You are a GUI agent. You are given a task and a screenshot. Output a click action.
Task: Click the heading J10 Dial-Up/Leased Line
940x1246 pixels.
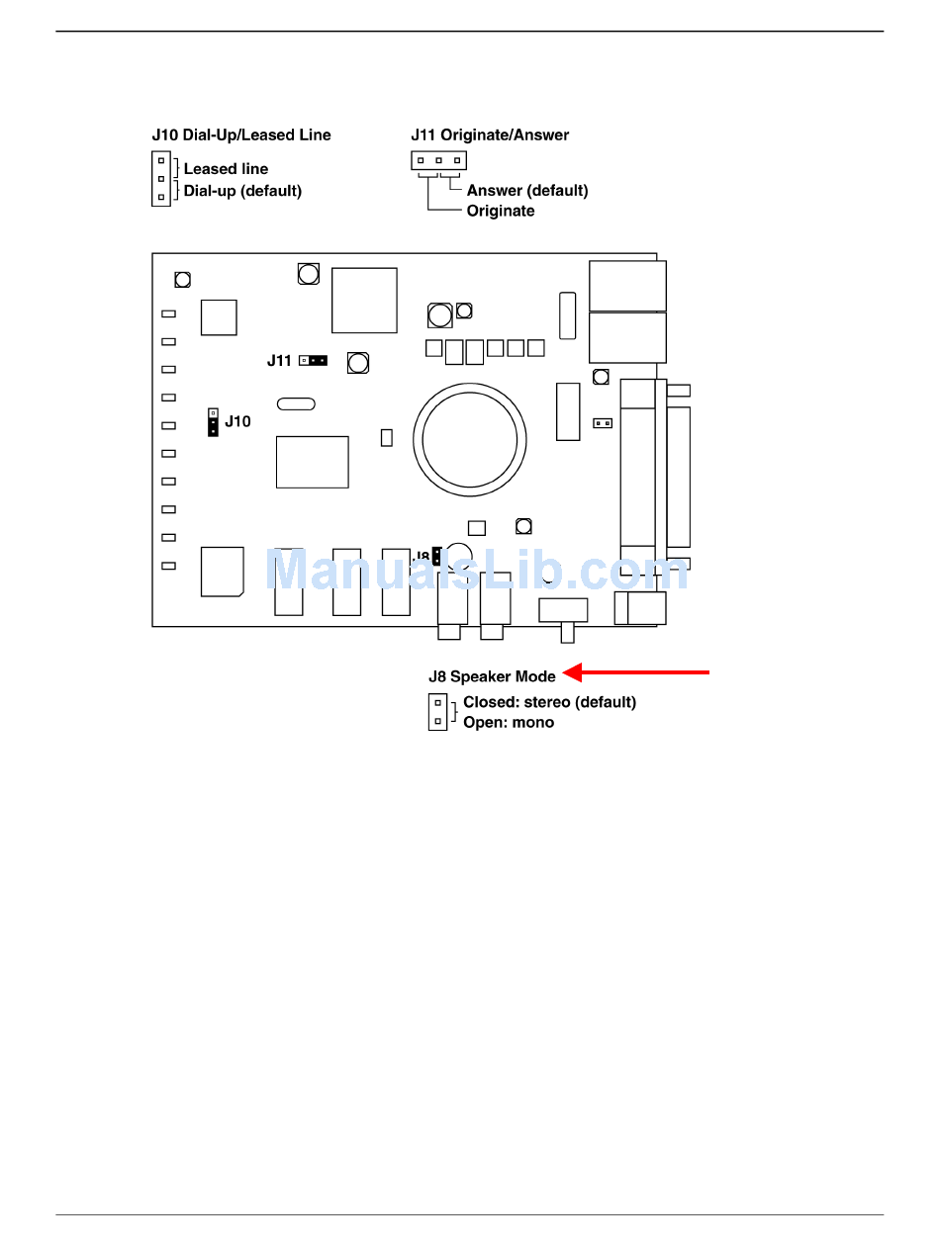click(241, 135)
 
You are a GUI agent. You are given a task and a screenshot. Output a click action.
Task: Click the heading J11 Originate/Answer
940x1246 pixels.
click(490, 135)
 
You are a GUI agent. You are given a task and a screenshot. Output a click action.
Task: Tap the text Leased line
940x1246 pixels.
click(226, 169)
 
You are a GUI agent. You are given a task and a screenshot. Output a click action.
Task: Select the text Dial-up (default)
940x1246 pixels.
click(242, 191)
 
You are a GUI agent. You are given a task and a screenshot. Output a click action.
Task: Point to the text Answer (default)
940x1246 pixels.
click(527, 191)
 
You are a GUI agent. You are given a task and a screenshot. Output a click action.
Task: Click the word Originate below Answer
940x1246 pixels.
click(501, 211)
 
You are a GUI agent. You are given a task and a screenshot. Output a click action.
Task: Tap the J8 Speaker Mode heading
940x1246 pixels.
click(492, 677)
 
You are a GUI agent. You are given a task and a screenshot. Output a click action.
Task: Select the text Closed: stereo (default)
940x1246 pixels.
click(549, 702)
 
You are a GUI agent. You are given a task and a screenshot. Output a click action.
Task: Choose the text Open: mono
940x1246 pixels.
click(509, 723)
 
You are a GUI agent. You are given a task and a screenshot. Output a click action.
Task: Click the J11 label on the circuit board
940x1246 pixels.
click(279, 361)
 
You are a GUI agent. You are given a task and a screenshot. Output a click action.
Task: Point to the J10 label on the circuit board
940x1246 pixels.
click(237, 421)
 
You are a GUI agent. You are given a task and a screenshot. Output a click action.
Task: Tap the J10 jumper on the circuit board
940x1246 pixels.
click(213, 422)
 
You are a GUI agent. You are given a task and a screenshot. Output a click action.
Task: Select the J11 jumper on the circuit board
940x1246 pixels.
click(313, 360)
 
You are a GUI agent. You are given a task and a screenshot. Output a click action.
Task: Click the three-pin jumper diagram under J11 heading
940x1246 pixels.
click(438, 160)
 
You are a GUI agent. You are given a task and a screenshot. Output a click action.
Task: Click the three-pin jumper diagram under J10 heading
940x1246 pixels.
click(161, 179)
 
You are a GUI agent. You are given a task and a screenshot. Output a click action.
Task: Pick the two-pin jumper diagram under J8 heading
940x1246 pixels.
click(437, 712)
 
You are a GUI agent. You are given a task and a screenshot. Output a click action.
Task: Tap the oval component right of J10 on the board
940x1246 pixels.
click(296, 403)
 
